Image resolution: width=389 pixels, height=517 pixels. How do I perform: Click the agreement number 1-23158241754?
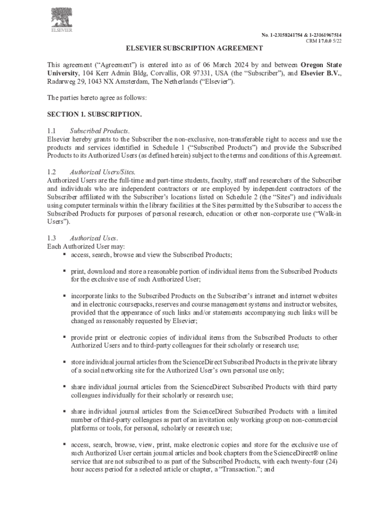[288, 35]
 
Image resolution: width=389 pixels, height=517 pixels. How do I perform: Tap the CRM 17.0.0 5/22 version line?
[327, 41]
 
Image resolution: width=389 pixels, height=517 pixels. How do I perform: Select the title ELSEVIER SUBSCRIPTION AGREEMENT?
[194, 48]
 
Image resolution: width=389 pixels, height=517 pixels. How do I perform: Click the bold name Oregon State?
[321, 65]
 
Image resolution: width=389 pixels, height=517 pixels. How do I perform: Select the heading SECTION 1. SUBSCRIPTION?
[94, 115]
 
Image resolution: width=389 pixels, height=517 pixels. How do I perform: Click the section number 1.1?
[52, 131]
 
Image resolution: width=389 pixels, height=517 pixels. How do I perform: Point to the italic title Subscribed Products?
[100, 131]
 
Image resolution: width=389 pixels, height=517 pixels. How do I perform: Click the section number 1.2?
[52, 172]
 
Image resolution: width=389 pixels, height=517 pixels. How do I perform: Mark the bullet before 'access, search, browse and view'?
[65, 254]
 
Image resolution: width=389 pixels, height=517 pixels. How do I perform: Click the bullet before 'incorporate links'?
[65, 295]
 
